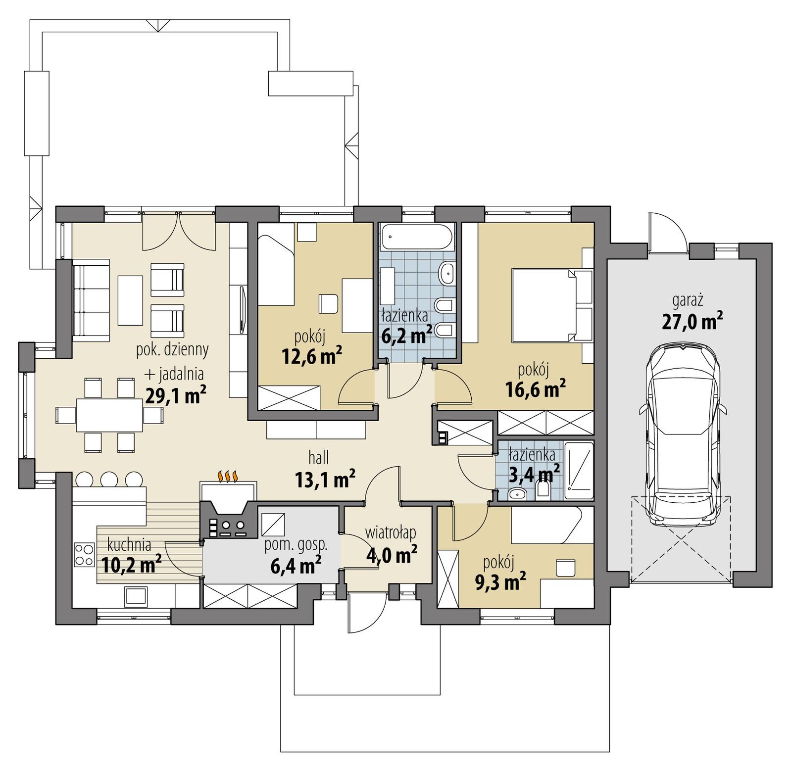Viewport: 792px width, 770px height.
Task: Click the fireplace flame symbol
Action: pos(228,476)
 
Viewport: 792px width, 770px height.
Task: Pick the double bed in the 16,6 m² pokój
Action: pos(544,305)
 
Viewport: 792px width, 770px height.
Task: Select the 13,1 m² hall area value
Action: pos(325,479)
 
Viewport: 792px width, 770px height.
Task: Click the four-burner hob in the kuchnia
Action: pos(84,555)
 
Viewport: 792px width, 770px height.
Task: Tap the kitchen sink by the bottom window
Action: pos(135,596)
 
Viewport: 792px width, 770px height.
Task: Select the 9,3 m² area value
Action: pos(500,582)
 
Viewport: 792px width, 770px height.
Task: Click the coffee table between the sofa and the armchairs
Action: pos(130,300)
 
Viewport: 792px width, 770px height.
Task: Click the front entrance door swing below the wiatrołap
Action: pos(366,614)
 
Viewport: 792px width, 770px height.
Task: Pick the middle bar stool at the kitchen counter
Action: pos(109,479)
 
